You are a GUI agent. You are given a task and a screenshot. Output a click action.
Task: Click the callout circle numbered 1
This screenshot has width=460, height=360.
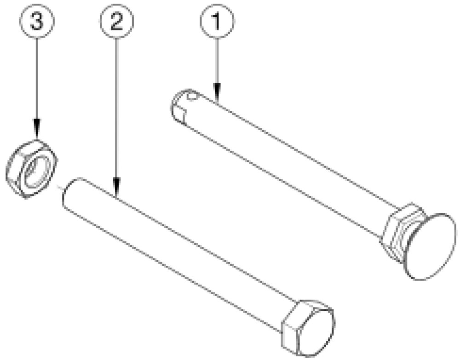pos(217,21)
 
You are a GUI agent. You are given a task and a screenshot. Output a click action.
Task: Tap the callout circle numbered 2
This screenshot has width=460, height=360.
pos(117,21)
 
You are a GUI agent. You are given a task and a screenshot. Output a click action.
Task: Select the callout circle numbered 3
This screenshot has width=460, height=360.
pos(37,21)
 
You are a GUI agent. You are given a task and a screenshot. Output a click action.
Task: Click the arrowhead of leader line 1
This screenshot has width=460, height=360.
pos(217,93)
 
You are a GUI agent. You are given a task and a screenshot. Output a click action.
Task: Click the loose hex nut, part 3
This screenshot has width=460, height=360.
pos(32,170)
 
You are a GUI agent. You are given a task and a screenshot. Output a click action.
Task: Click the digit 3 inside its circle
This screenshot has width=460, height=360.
pos(37,21)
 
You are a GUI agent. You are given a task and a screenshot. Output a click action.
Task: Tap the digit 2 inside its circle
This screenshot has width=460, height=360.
pos(116,21)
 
